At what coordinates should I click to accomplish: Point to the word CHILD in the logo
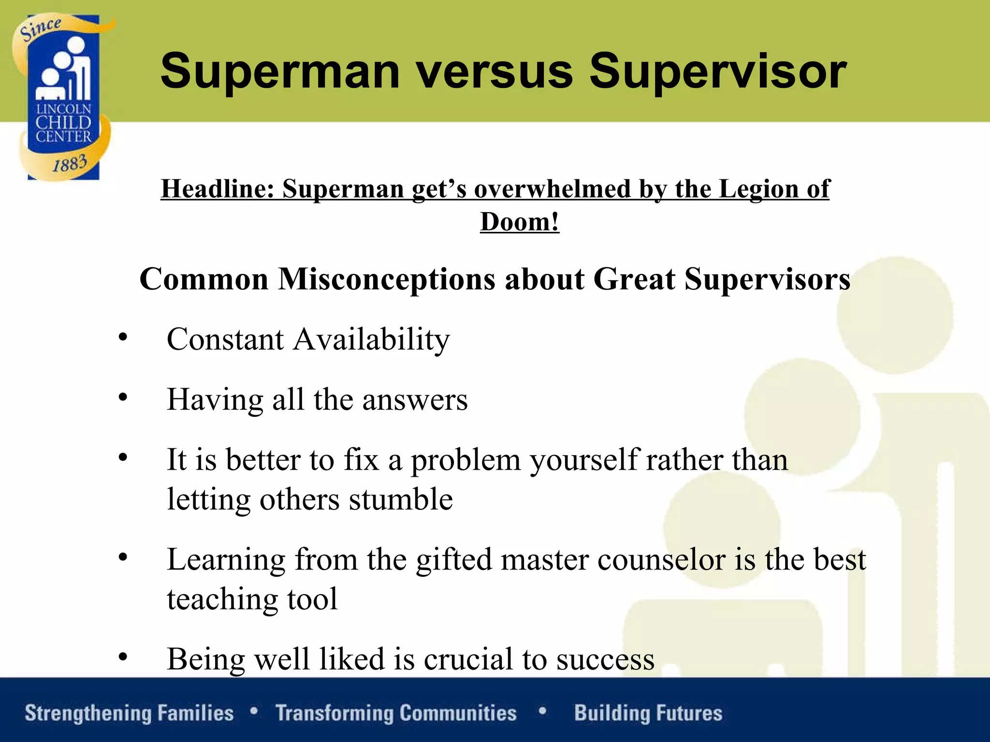(63, 123)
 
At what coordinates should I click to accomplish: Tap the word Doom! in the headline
(520, 222)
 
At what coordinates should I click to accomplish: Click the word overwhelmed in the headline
(553, 189)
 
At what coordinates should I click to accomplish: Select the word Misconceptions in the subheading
(387, 279)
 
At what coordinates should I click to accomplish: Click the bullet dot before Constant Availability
(123, 337)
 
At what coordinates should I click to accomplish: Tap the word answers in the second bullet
(415, 400)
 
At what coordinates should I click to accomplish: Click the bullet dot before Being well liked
(123, 657)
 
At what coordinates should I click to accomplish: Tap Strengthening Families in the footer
(129, 713)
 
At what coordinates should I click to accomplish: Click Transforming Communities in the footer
(396, 713)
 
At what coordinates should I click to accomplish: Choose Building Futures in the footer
(648, 713)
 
